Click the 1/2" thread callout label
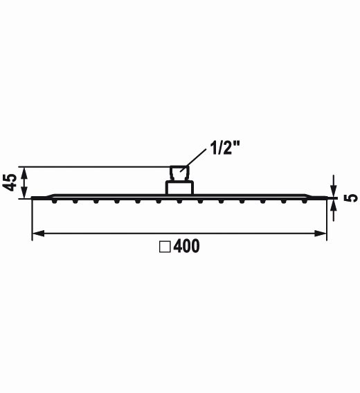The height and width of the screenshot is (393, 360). coord(225,148)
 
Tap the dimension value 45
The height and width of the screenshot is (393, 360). coord(9,182)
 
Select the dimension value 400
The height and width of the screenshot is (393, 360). coord(186,246)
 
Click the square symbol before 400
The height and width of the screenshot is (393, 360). coord(165,247)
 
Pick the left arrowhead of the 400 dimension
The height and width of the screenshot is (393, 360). coord(38,234)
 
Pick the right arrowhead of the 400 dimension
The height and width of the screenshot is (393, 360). coord(321,234)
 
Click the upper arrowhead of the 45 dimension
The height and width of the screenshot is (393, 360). coord(24,173)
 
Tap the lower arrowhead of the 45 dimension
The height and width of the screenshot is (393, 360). coord(24,193)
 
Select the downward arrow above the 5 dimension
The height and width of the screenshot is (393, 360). coord(334,186)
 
